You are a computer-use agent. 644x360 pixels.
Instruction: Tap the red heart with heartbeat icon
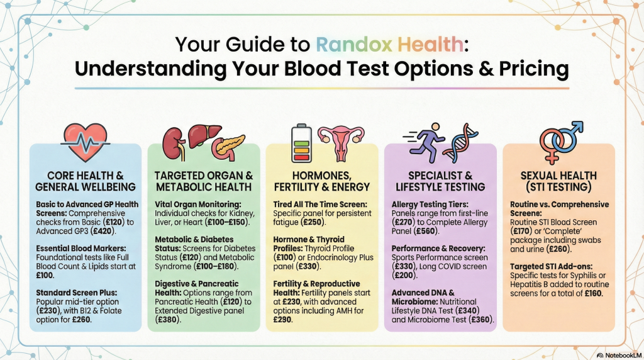tap(86, 142)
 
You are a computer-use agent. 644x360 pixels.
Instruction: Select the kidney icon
tap(174, 144)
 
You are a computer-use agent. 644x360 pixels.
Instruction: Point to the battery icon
tap(301, 143)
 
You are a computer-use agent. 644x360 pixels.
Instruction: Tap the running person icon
tap(425, 142)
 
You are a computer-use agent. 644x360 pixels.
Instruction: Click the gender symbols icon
tap(560, 142)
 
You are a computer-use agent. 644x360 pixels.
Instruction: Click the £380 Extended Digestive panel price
tap(167, 320)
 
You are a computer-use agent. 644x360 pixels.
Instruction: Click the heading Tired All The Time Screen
tap(320, 205)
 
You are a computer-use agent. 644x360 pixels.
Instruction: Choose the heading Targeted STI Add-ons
tap(551, 267)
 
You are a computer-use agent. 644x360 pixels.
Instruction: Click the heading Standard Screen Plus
tap(76, 293)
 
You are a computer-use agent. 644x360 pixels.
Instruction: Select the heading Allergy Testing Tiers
tap(430, 205)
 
